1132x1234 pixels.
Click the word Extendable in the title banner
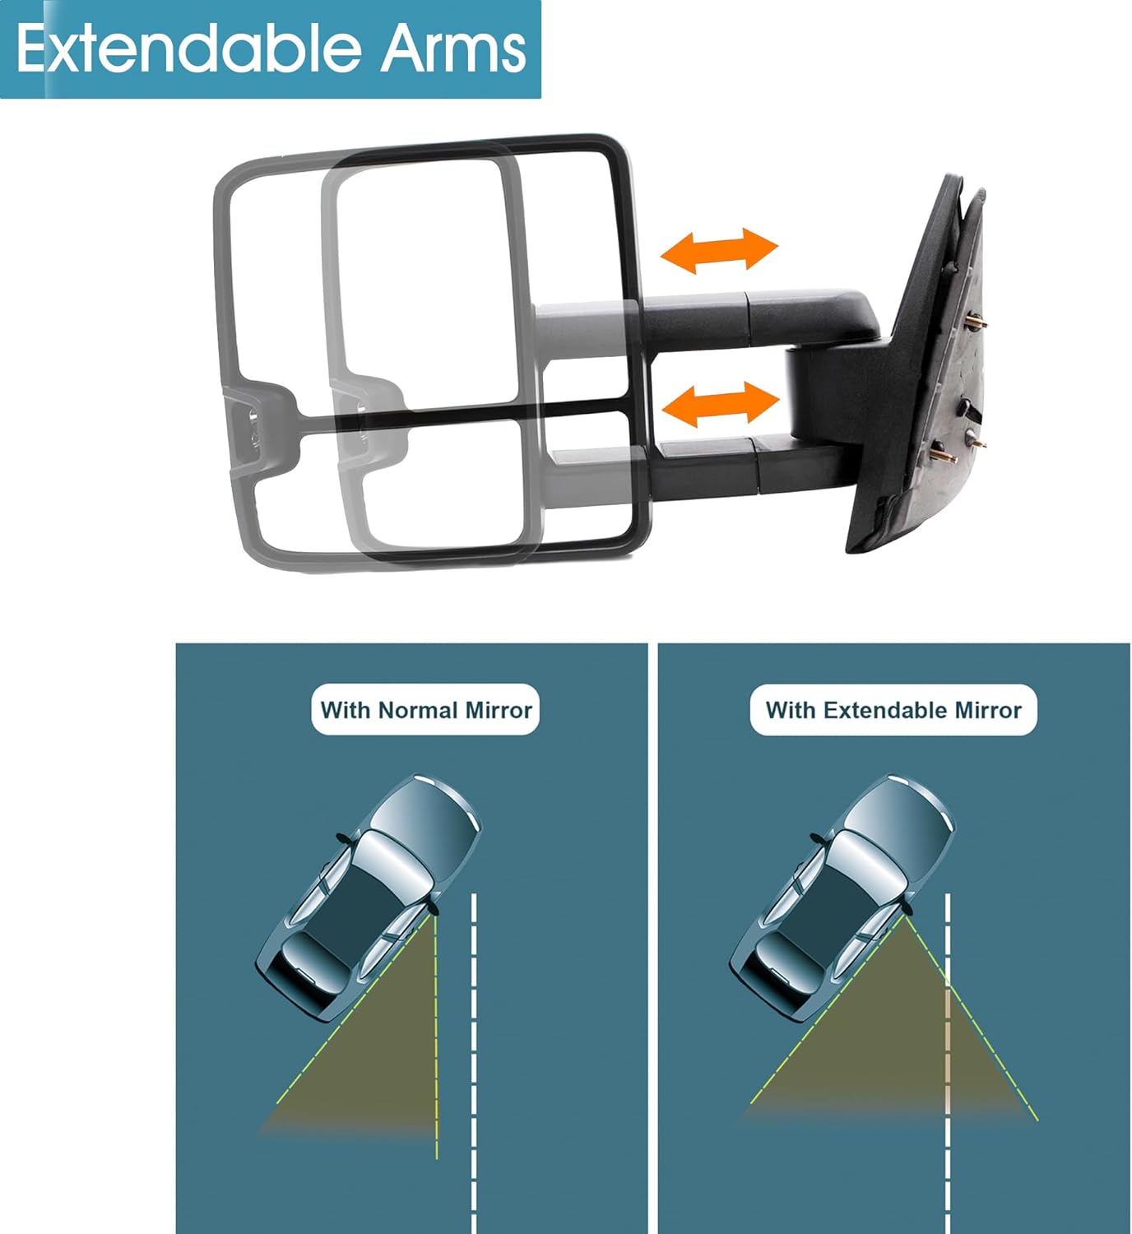(x=188, y=49)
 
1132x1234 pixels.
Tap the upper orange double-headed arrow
(x=719, y=250)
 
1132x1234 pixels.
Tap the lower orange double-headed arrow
(x=721, y=404)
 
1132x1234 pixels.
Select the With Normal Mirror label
(x=425, y=709)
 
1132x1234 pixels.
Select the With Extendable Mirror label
(x=893, y=709)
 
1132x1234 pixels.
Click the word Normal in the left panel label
(x=419, y=710)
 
